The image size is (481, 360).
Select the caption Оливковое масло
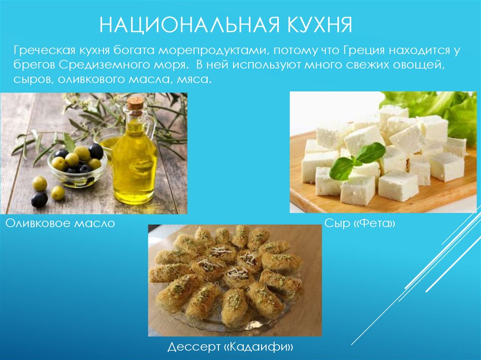60,223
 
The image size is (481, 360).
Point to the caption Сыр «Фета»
360,223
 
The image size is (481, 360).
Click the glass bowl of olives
77,169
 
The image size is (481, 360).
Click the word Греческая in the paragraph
39,49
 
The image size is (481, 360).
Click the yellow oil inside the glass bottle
134,164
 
